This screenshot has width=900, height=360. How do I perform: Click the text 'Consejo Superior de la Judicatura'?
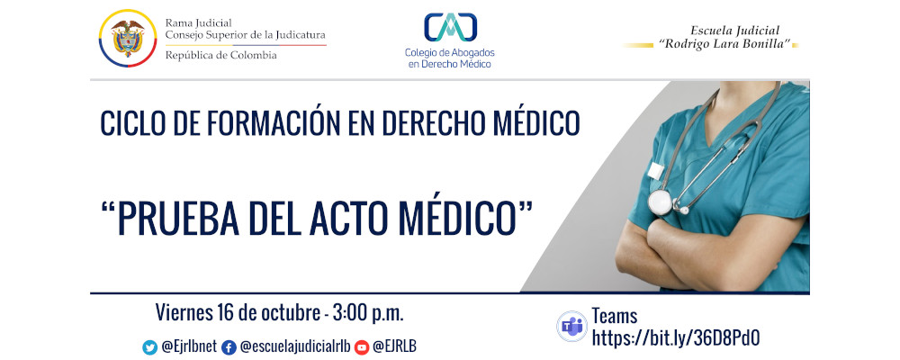click(x=245, y=35)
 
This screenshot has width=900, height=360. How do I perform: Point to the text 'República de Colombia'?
click(x=221, y=55)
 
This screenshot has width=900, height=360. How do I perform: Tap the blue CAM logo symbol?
click(x=449, y=27)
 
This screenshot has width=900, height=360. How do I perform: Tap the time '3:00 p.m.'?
click(x=368, y=313)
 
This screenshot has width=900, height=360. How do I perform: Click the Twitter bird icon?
click(x=150, y=346)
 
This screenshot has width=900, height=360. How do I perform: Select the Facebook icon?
click(x=229, y=346)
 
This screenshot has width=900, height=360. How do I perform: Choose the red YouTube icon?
click(x=362, y=346)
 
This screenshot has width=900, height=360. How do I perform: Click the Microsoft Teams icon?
click(x=571, y=326)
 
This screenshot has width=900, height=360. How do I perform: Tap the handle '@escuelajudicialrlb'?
click(x=295, y=346)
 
